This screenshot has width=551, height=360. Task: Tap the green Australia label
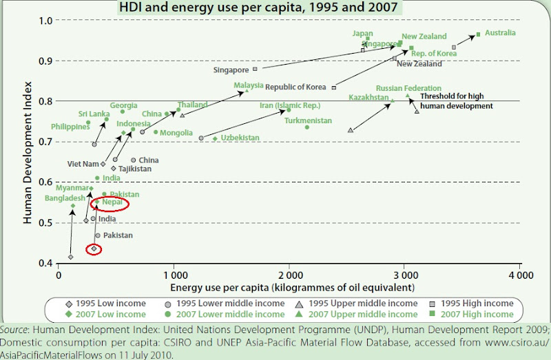pos(500,33)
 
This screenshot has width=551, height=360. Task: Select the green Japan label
pos(362,33)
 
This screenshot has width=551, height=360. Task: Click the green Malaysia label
pos(249,86)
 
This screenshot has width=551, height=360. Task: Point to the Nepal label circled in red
pos(112,203)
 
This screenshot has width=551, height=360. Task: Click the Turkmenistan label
pos(308,120)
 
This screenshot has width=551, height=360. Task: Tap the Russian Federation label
pos(408,88)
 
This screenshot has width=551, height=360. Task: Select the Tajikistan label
pos(134,169)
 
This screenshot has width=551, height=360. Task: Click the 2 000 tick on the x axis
pos(289,275)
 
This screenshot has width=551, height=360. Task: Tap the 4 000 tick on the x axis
pos(519,275)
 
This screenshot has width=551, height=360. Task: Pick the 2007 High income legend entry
pos(475,315)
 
